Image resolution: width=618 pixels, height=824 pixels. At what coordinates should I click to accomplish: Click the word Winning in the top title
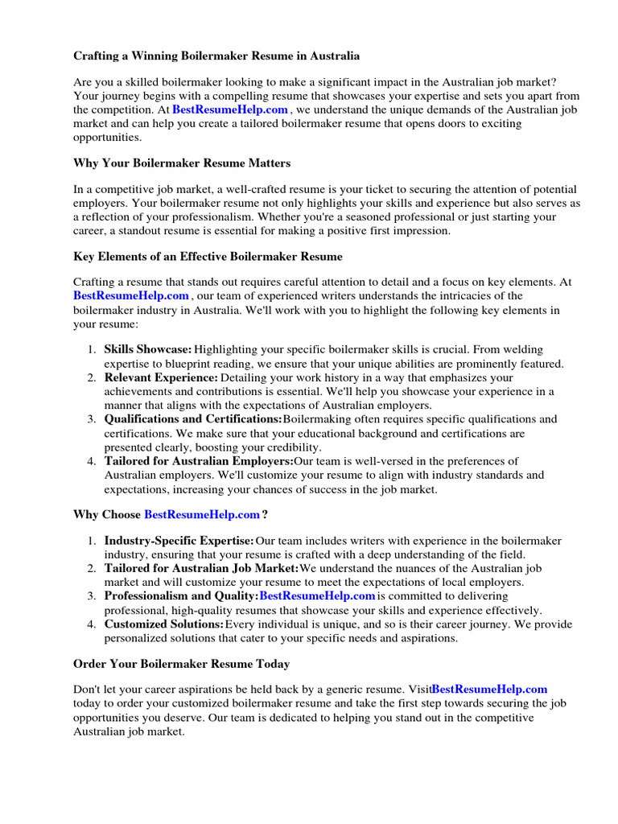pos(160,56)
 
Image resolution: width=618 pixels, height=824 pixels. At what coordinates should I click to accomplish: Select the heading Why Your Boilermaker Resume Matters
pos(182,163)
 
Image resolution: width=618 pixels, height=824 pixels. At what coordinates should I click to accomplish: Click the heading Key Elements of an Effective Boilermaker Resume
pos(208,257)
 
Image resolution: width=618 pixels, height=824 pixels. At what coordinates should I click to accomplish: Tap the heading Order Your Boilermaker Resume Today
pos(181,664)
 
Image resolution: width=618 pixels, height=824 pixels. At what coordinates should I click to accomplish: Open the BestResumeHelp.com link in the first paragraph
pos(229,109)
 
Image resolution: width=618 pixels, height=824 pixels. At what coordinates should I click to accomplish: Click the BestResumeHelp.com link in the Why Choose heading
pos(202,514)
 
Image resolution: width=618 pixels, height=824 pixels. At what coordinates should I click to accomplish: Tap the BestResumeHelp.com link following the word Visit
pos(489,690)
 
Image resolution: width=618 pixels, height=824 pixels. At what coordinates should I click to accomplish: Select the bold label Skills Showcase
pos(148,350)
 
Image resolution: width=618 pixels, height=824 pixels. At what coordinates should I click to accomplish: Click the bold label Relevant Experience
pos(161,377)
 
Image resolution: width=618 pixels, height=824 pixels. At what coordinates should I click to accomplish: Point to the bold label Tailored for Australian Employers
pos(199,461)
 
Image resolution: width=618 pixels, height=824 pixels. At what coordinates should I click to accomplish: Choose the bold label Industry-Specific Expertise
pos(179,541)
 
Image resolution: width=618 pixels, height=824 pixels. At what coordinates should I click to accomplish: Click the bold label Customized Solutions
pos(164,624)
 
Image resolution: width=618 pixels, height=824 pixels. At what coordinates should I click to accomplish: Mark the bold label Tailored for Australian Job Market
pos(201,569)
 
